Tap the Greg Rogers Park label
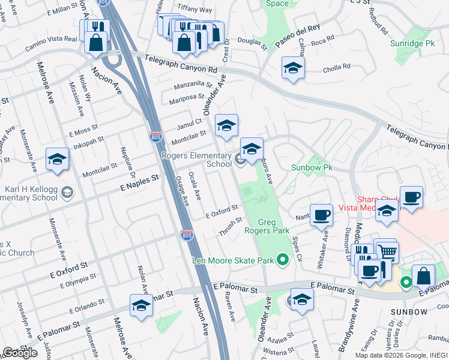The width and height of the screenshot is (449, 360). tap(267, 226)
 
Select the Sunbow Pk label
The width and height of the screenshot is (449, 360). tap(312, 167)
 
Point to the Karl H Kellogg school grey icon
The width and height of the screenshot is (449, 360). tap(68, 192)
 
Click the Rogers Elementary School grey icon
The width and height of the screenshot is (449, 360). tap(240, 159)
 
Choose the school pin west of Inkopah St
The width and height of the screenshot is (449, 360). tap(57, 159)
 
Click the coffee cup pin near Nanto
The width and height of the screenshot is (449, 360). tap(322, 214)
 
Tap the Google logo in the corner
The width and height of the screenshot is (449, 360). tap(20, 353)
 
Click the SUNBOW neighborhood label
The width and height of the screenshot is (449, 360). tap(409, 312)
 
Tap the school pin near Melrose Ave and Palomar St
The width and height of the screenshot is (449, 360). tap(141, 305)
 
